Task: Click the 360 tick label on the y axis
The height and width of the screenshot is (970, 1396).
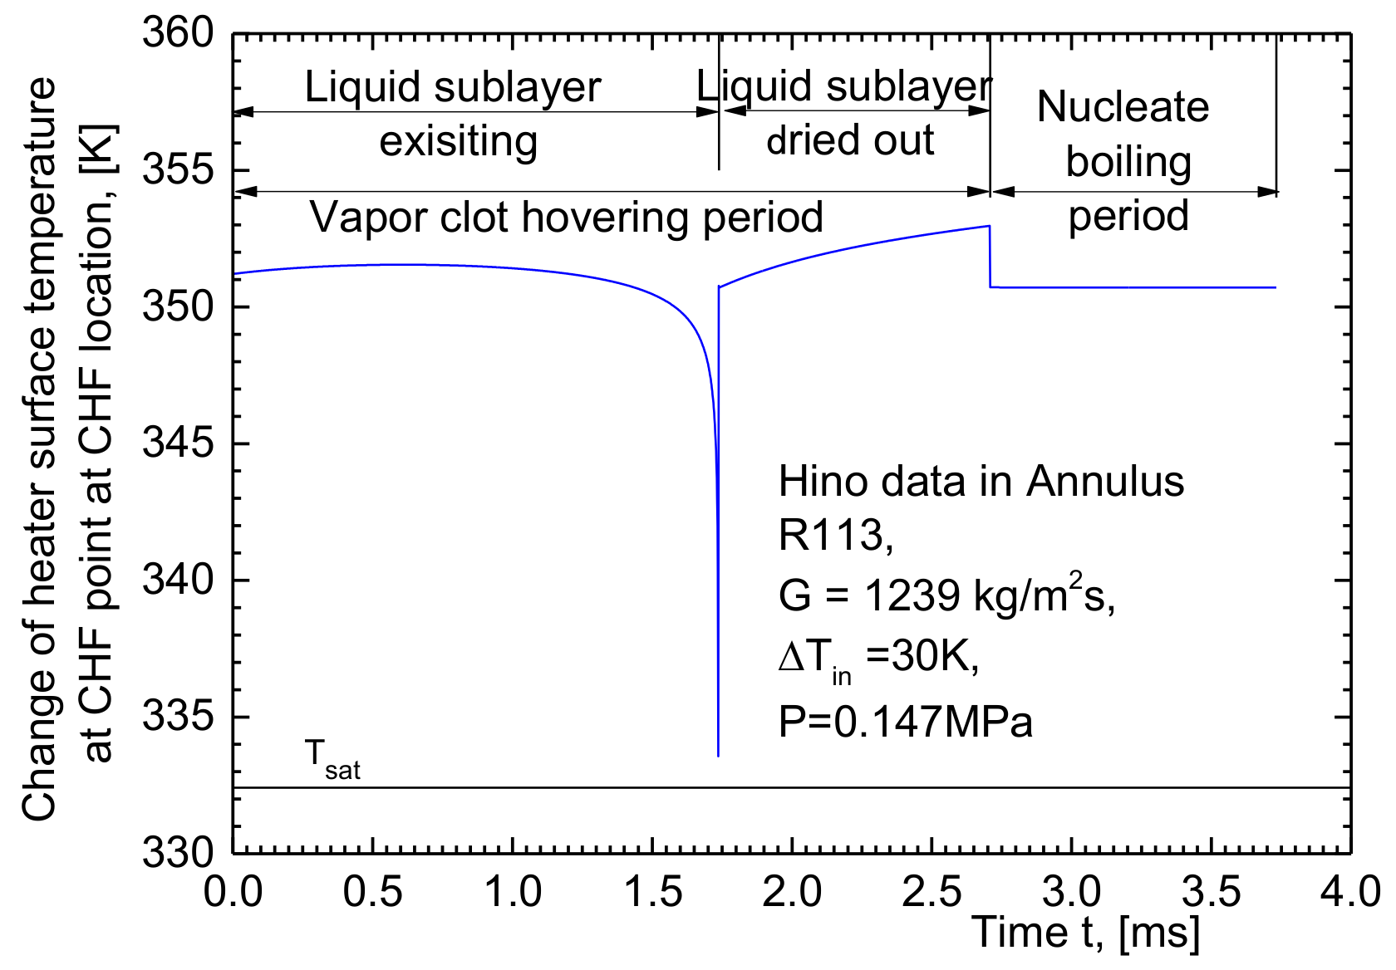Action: (x=178, y=34)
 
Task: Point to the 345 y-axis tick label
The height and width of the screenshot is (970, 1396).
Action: (x=178, y=443)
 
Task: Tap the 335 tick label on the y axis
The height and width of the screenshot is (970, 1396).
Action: (x=178, y=717)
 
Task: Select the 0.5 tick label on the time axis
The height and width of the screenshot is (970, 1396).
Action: (x=373, y=893)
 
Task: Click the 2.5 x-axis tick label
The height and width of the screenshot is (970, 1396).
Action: (x=932, y=893)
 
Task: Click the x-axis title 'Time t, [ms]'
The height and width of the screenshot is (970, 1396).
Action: (x=1087, y=932)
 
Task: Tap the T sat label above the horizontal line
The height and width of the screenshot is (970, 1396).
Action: (x=332, y=759)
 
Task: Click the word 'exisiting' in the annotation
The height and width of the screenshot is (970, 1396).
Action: (x=459, y=142)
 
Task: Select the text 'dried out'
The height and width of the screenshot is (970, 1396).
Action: (x=850, y=140)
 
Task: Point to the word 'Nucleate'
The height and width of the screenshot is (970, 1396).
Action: (x=1123, y=107)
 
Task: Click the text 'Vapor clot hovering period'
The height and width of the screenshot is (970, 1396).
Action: (x=567, y=218)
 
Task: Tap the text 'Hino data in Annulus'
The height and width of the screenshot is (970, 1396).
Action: (x=981, y=482)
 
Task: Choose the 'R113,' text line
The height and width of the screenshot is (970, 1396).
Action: (x=836, y=536)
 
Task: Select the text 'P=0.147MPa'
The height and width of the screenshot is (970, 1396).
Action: (x=906, y=722)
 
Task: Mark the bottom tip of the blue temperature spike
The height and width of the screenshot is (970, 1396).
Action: (x=718, y=756)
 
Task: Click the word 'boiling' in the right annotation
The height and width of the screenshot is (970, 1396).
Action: (x=1128, y=162)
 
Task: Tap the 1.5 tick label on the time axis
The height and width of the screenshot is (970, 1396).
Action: (x=653, y=893)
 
